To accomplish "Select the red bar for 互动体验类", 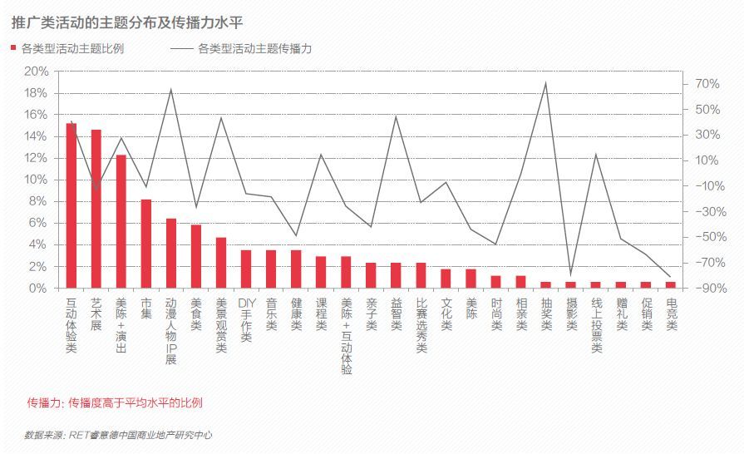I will pyautogui.click(x=71, y=205).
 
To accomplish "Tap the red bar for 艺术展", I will pyautogui.click(x=96, y=209).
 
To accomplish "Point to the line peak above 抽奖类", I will pyautogui.click(x=545, y=83).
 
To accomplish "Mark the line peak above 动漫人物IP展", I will pyautogui.click(x=171, y=90).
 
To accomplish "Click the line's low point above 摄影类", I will pyautogui.click(x=570, y=274).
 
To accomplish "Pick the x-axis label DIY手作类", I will pyautogui.click(x=246, y=319).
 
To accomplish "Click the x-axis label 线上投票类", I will pyautogui.click(x=596, y=325).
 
